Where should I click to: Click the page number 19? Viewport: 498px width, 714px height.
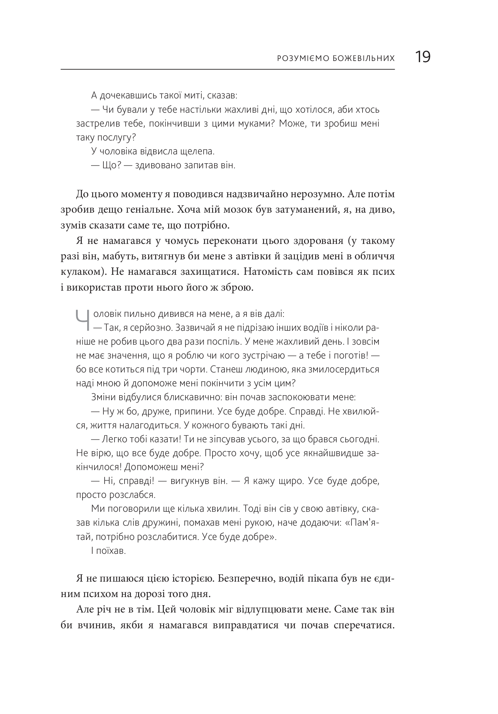pyautogui.click(x=422, y=57)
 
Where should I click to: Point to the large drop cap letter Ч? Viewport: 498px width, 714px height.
pyautogui.click(x=82, y=320)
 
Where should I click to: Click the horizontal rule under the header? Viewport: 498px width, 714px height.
pyautogui.click(x=228, y=69)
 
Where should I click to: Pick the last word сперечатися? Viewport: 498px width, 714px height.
pyautogui.click(x=363, y=625)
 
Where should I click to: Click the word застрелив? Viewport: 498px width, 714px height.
pyautogui.click(x=93, y=124)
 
